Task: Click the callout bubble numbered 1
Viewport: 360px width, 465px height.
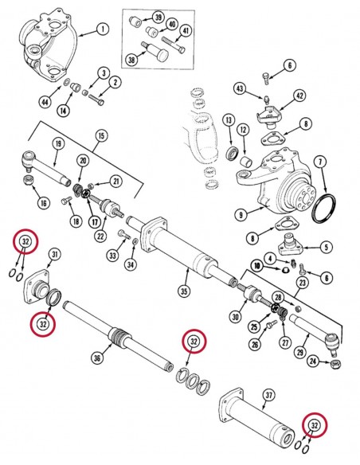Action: tap(103, 29)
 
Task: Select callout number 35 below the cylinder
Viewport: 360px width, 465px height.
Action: tap(184, 291)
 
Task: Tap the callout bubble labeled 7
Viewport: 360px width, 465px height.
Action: tap(320, 162)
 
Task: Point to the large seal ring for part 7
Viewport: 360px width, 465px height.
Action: tap(324, 208)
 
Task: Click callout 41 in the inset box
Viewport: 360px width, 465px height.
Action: tap(186, 31)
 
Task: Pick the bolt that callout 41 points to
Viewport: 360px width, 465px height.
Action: tap(174, 45)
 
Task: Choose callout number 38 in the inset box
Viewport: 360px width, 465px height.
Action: tap(131, 61)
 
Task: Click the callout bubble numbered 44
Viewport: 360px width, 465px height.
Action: tap(45, 102)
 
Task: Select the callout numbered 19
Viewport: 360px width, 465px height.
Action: tap(58, 144)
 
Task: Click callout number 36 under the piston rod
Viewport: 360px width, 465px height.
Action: tap(97, 358)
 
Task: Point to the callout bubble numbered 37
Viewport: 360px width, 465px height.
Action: tap(268, 395)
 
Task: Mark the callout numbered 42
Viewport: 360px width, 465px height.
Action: tap(299, 96)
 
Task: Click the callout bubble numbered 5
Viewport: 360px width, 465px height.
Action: tap(327, 248)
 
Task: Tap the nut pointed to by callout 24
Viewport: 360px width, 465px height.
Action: tap(335, 363)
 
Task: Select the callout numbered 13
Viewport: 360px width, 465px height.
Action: tap(229, 120)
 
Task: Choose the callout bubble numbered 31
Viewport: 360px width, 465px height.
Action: tap(55, 254)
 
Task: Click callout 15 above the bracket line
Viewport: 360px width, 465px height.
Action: tap(101, 136)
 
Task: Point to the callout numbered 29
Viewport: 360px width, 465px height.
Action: tap(300, 353)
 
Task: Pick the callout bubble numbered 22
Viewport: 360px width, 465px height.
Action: tap(101, 236)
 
